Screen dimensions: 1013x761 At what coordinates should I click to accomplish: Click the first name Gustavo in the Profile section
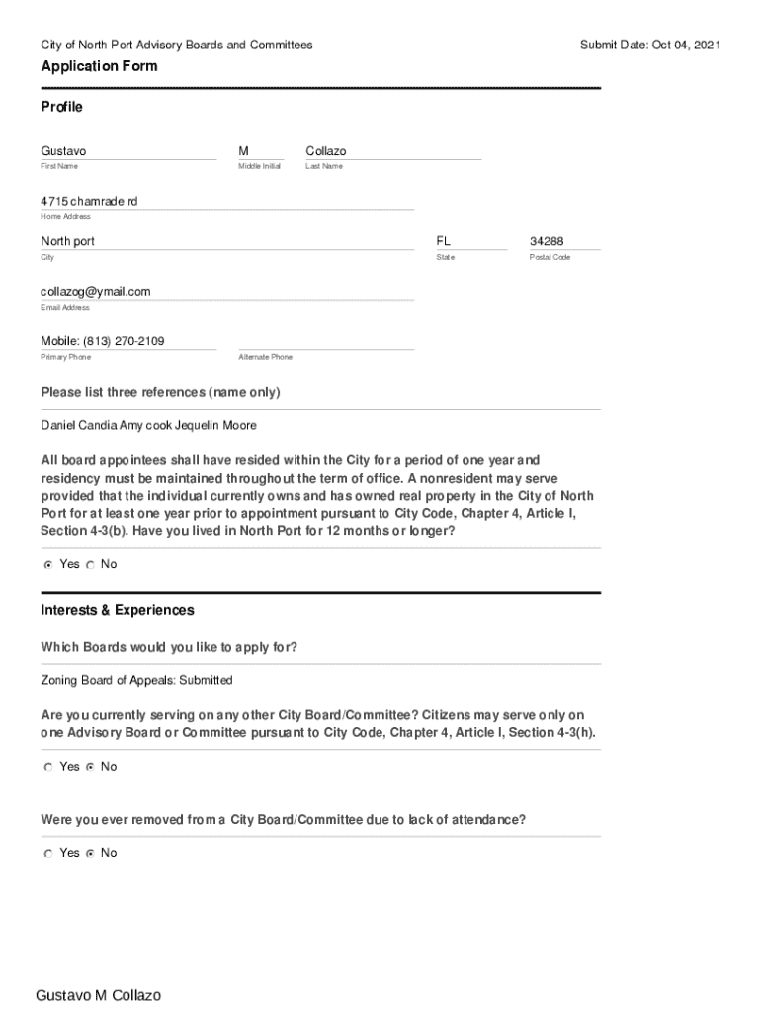[x=63, y=151]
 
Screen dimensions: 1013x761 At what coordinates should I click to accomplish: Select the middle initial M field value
[x=243, y=151]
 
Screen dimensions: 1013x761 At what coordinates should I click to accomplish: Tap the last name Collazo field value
[x=326, y=151]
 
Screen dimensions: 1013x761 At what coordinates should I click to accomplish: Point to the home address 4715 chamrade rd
[x=89, y=201]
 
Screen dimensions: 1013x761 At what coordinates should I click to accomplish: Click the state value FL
[x=444, y=241]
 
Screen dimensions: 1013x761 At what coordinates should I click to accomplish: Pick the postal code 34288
[x=547, y=241]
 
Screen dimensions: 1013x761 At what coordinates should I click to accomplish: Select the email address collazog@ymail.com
[x=96, y=292]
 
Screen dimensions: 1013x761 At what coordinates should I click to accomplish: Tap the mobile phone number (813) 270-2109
[x=103, y=341]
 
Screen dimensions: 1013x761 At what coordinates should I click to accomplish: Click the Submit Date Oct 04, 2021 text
[x=649, y=45]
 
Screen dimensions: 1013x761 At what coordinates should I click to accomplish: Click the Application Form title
[x=99, y=66]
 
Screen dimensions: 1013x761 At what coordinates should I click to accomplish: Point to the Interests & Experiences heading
[x=118, y=610]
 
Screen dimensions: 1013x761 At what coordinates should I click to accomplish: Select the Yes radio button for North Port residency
[x=47, y=564]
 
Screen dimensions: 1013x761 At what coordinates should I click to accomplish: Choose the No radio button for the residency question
[x=90, y=564]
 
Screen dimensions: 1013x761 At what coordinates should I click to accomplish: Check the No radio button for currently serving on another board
[x=90, y=767]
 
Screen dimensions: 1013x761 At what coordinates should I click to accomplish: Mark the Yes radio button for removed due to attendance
[x=47, y=853]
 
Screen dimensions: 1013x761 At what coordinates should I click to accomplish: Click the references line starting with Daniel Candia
[x=148, y=425]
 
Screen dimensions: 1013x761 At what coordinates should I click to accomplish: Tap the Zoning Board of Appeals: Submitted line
[x=136, y=680]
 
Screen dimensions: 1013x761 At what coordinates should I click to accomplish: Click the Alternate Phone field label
[x=265, y=357]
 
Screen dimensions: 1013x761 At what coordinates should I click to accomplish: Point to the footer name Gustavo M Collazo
[x=98, y=995]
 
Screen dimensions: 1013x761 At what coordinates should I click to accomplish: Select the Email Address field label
[x=65, y=308]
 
